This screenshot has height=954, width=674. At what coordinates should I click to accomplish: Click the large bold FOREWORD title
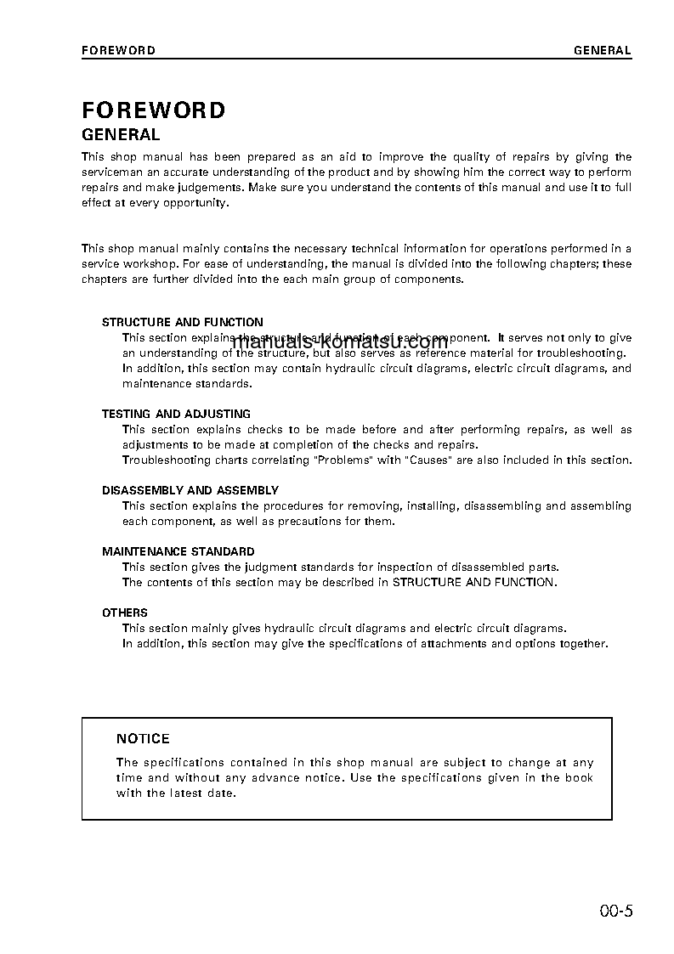click(154, 110)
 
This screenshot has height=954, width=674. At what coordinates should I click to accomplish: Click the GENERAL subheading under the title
click(121, 134)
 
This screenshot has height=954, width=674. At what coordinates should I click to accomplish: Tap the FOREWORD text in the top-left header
click(118, 50)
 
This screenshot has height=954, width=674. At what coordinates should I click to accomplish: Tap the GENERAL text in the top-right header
click(602, 50)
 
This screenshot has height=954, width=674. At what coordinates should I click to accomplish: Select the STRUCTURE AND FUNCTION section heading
click(183, 323)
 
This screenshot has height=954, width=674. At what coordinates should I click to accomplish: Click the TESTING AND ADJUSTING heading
click(176, 415)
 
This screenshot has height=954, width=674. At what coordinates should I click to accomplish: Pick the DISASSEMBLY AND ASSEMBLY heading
click(190, 491)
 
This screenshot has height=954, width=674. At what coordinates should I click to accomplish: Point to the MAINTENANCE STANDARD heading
click(178, 552)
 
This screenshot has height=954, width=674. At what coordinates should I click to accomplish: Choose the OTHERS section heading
click(125, 613)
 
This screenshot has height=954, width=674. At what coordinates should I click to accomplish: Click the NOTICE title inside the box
click(143, 739)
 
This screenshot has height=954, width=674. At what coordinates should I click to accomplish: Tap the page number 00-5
click(615, 912)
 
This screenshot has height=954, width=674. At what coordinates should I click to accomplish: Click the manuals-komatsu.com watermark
click(339, 343)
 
